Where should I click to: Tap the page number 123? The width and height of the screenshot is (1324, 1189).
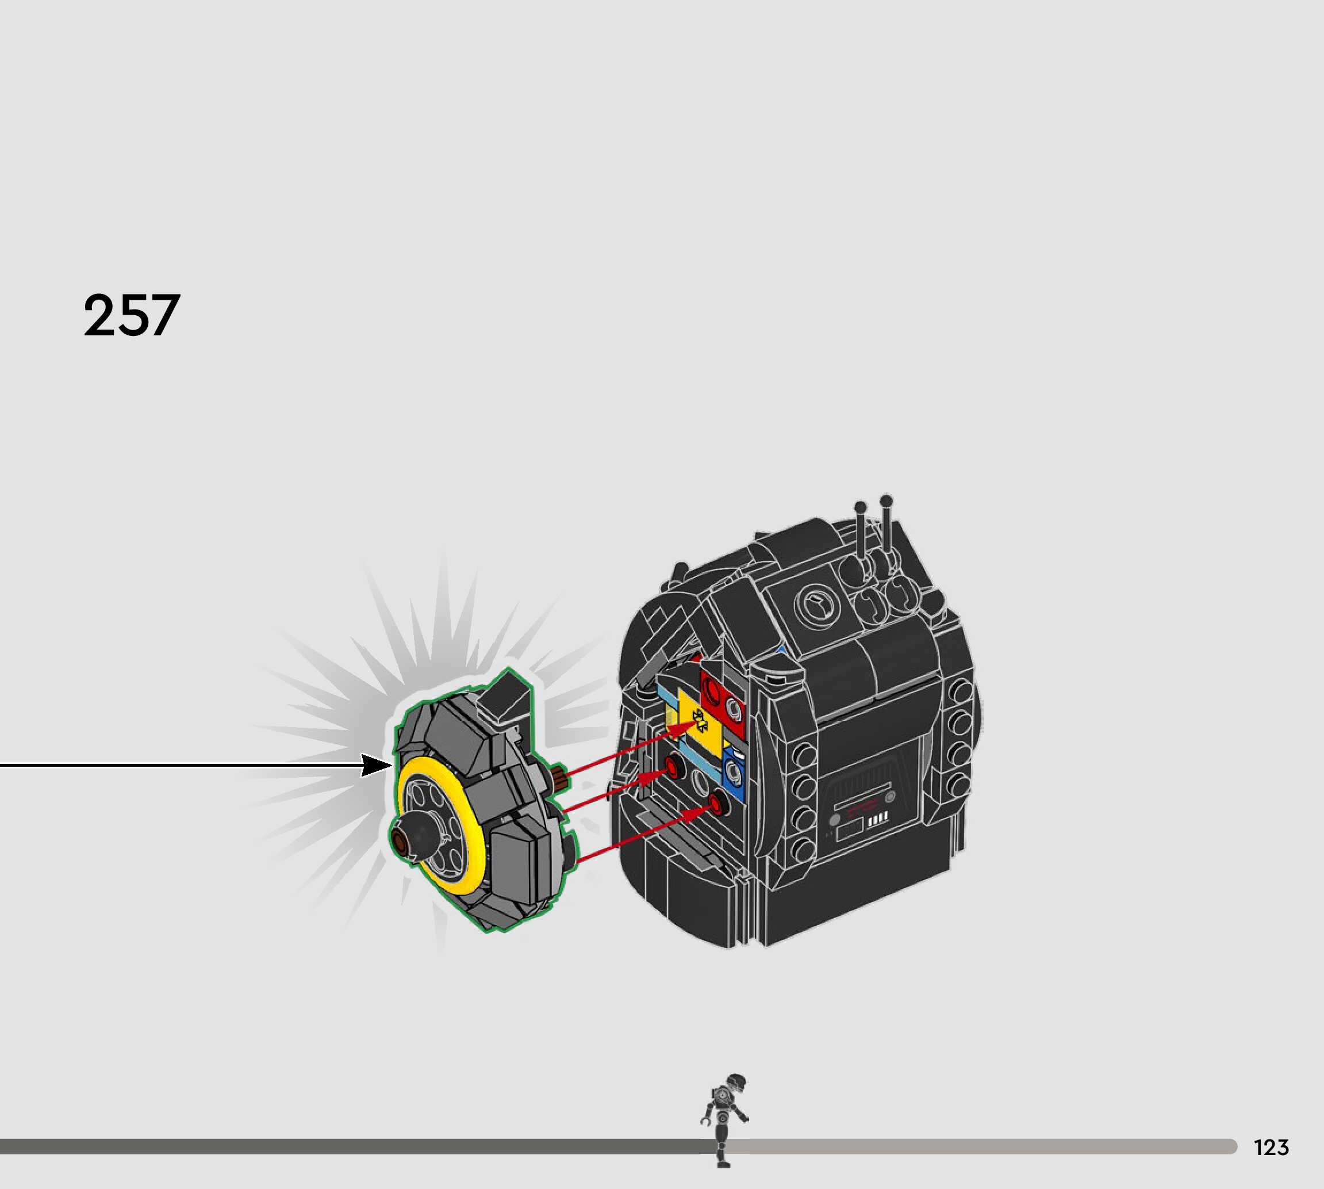tap(1271, 1147)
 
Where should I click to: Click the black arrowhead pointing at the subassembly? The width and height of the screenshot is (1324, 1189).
tap(377, 765)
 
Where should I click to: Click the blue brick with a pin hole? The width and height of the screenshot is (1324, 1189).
tap(733, 775)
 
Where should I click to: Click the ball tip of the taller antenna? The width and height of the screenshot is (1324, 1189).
tap(886, 501)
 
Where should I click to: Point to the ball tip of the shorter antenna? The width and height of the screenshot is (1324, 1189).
tap(860, 507)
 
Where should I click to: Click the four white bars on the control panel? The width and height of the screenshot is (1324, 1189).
tap(877, 818)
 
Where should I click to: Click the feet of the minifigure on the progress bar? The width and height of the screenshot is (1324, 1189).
tap(723, 1164)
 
